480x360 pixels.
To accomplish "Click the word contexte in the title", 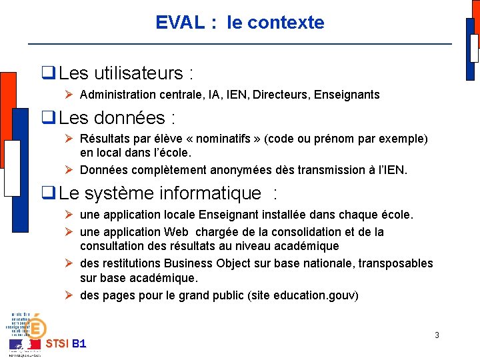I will [x=285, y=23].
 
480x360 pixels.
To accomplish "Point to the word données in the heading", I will [x=131, y=118].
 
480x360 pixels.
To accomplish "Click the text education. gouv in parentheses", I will [x=317, y=295].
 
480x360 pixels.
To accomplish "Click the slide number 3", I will [x=437, y=335].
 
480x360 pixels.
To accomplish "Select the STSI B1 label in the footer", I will [x=65, y=344].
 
